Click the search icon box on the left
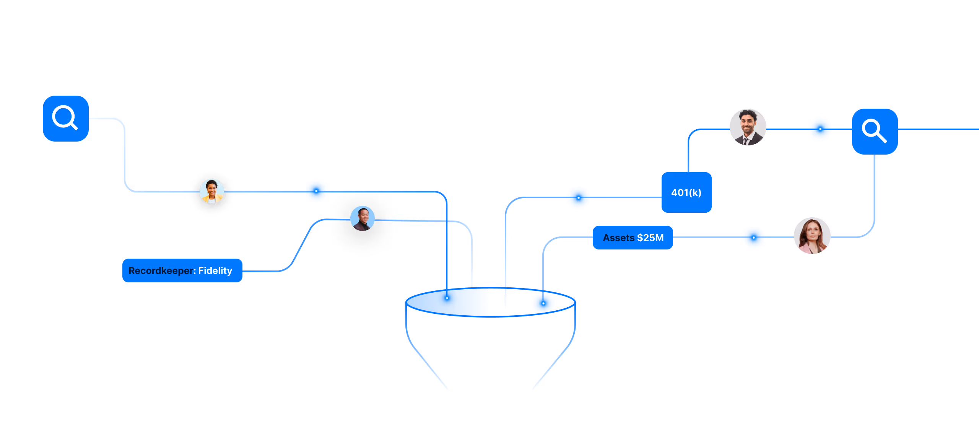[x=66, y=119]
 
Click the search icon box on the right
[x=875, y=132]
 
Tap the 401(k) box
[x=686, y=192]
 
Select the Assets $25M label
[x=633, y=238]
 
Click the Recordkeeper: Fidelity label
[x=182, y=271]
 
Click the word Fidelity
[x=215, y=271]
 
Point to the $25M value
[x=650, y=238]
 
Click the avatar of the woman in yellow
[x=212, y=191]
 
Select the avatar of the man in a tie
[x=748, y=127]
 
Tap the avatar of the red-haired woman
[x=812, y=236]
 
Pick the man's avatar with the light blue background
[x=363, y=218]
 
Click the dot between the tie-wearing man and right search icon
[x=820, y=129]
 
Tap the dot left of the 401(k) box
[x=579, y=198]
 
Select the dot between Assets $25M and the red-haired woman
[x=753, y=238]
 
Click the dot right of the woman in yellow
[x=316, y=191]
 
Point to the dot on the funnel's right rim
[x=543, y=303]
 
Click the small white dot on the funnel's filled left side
[x=447, y=298]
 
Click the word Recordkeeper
[x=162, y=271]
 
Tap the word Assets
[x=618, y=238]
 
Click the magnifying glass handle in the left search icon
[x=74, y=126]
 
